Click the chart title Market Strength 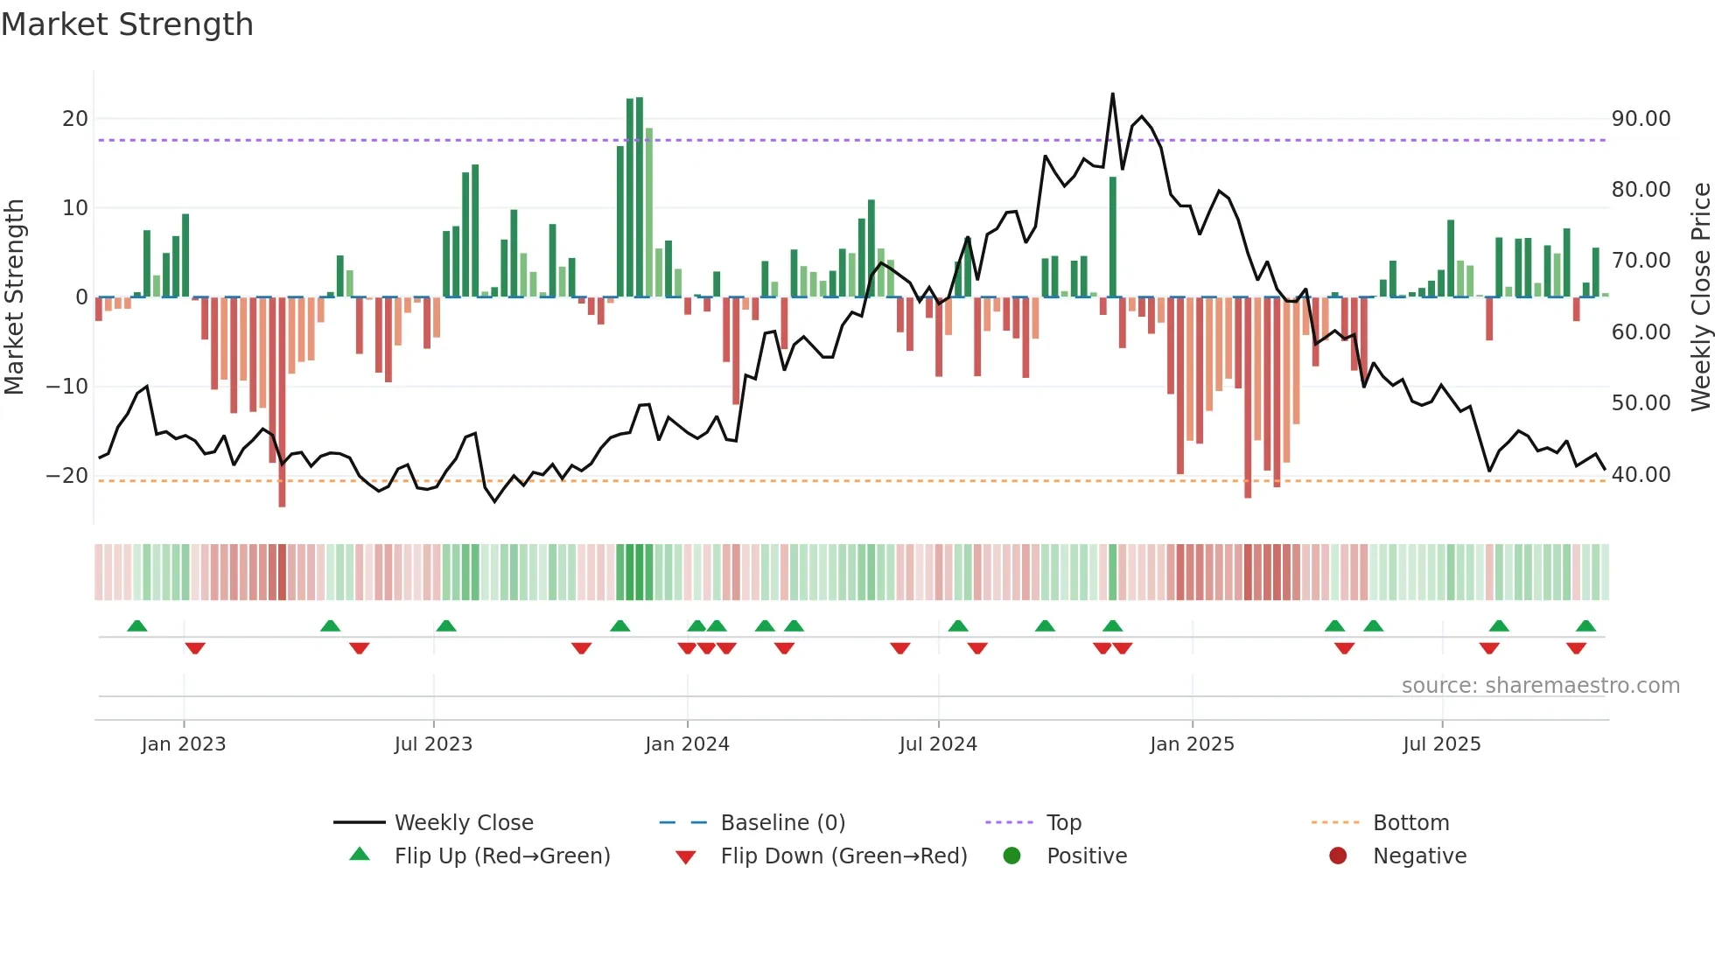pos(127,24)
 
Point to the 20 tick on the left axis pos(75,118)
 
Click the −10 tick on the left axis pos(68,386)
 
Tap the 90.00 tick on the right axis pos(1641,118)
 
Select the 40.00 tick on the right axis pos(1641,474)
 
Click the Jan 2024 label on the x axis pos(687,744)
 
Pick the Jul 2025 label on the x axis pos(1441,744)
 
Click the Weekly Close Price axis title pos(1700,297)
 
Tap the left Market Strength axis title pos(15,297)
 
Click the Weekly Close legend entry pos(464,822)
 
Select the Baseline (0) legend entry pos(782,822)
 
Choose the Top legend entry pos(1064,822)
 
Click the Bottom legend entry pos(1410,822)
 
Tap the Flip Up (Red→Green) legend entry pos(501,856)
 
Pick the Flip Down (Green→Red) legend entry pos(843,856)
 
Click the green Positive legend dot pos(1011,856)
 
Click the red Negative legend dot pos(1337,856)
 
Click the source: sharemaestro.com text pos(1540,685)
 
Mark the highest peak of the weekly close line pos(1113,94)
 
